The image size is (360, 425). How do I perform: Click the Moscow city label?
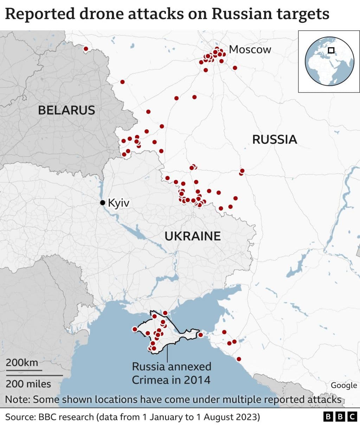[x=250, y=50]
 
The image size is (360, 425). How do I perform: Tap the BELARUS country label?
[x=66, y=110]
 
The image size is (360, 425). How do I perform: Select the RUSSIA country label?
[x=275, y=140]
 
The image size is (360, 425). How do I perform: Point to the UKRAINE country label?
[x=193, y=236]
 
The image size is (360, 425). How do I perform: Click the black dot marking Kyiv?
[x=102, y=202]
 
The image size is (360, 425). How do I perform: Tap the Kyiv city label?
[x=119, y=203]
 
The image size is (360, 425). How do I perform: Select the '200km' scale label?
[x=22, y=362]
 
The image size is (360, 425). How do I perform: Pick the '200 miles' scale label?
[x=28, y=384]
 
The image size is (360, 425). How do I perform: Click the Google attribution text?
[x=344, y=385]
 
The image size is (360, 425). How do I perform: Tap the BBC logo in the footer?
[x=340, y=417]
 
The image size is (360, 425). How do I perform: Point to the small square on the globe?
[x=331, y=50]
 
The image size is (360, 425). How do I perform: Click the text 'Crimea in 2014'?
[x=171, y=380]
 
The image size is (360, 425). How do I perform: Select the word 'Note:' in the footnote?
[x=18, y=400]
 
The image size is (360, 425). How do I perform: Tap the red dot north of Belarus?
[x=86, y=49]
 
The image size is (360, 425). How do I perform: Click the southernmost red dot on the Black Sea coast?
[x=239, y=359]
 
